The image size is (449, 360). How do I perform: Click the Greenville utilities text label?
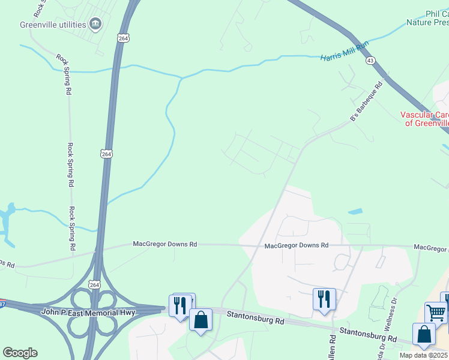pos(52,25)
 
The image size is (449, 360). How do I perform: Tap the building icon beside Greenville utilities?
pos(95,24)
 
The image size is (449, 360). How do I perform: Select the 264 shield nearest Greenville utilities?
pos(123,38)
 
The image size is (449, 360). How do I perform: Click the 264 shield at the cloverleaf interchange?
pos(94,284)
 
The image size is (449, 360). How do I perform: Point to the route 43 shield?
pos(370,61)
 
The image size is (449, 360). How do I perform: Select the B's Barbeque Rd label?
pos(367,103)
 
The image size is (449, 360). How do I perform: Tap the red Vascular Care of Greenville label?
pos(425,118)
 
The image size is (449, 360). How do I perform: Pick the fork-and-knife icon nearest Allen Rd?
pos(324,299)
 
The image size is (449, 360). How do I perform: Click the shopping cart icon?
pos(436,313)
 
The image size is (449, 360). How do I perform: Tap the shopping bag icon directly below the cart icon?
pos(424,334)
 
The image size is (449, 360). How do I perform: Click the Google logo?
pos(20,352)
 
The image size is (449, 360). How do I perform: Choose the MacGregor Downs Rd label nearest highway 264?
pos(164,245)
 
